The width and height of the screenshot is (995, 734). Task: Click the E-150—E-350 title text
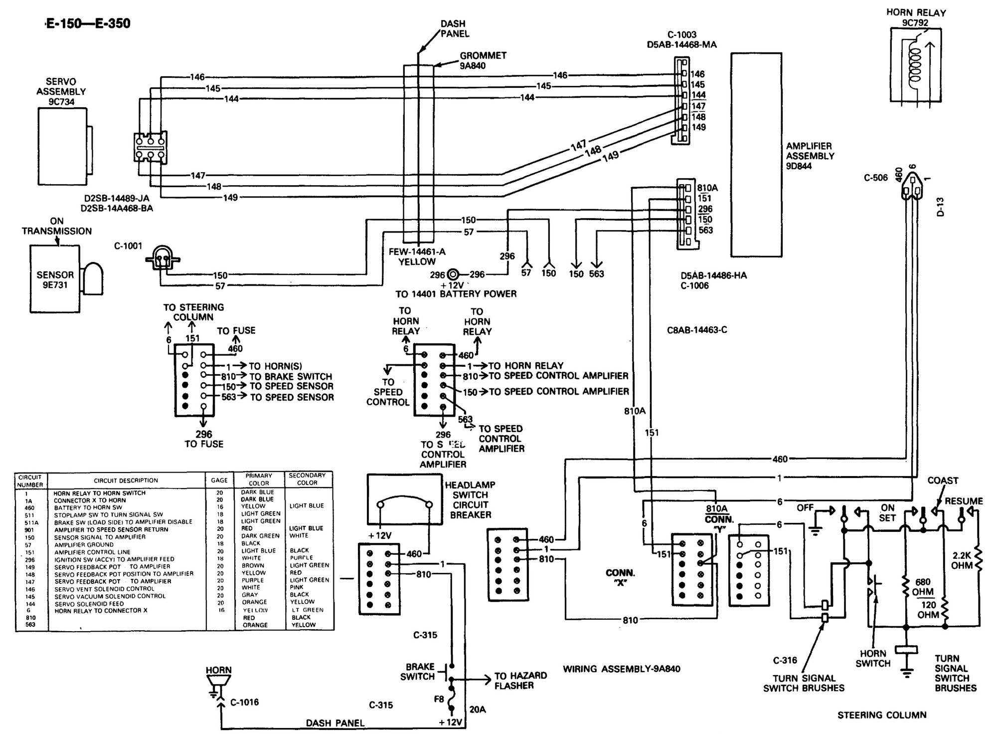[x=88, y=23]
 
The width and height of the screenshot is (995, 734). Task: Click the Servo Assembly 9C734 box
[x=62, y=146]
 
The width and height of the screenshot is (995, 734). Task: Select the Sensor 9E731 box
[x=55, y=280]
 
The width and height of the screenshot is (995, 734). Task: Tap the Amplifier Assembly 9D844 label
[x=810, y=156]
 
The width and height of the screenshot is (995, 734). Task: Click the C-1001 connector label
[x=128, y=246]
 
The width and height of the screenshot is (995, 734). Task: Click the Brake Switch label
[x=420, y=672]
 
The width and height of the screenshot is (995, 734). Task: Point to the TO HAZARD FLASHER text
[x=520, y=680]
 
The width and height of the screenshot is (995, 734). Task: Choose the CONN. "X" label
[x=620, y=577]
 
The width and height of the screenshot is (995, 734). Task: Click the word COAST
[x=942, y=481]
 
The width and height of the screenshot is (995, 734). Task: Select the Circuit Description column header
[x=126, y=481]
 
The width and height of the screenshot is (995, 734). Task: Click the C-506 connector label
[x=875, y=177]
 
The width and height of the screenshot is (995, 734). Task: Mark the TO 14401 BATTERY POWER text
[x=456, y=294]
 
